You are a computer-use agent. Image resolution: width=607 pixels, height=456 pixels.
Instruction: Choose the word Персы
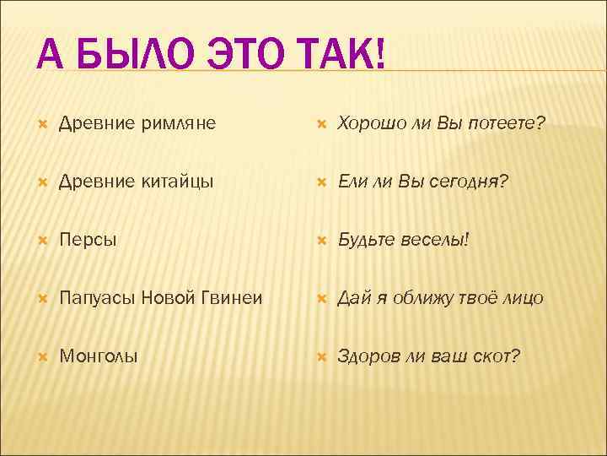(x=89, y=240)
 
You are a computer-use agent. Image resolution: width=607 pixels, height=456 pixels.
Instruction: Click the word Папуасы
(x=97, y=298)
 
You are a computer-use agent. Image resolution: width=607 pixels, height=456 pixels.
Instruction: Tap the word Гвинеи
(x=230, y=298)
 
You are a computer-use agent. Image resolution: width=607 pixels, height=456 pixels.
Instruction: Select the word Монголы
(x=99, y=356)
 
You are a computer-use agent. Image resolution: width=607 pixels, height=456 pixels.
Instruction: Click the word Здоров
(x=368, y=356)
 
